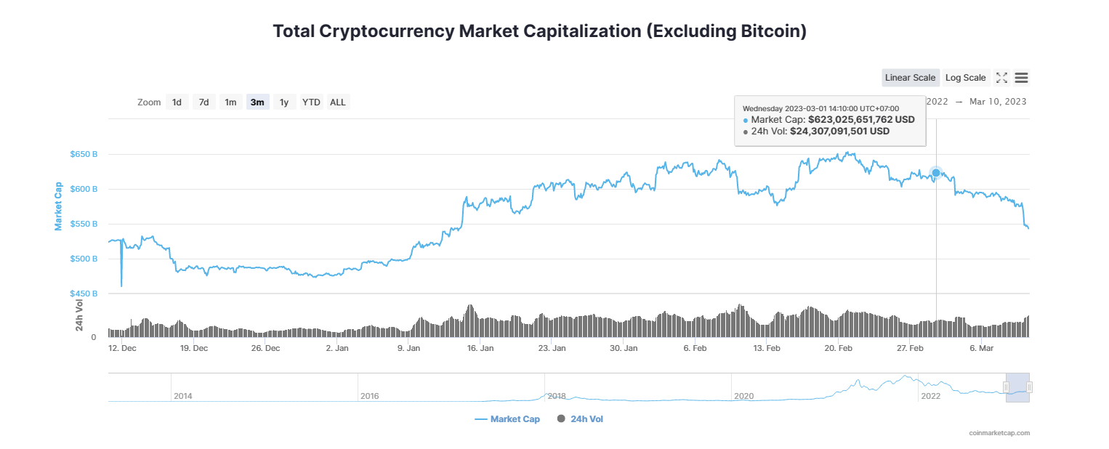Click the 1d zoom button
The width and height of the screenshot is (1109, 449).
177,102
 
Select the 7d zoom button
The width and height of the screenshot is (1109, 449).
204,102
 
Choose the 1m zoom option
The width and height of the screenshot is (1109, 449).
230,102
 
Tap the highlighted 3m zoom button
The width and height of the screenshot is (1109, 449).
257,102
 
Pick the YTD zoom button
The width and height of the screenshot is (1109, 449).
311,102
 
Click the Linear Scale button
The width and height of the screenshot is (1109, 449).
910,78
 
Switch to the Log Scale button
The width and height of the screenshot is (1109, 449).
965,78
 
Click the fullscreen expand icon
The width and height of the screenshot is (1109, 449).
1001,78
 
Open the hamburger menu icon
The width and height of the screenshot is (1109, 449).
1021,78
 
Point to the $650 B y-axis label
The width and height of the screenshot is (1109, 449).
84,155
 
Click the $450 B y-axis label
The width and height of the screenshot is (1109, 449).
84,294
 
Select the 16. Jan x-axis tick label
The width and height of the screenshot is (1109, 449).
480,349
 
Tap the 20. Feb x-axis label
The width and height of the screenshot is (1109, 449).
838,349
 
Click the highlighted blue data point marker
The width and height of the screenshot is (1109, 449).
936,173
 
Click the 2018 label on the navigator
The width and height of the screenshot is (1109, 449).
557,396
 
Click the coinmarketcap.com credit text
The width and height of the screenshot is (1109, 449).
999,433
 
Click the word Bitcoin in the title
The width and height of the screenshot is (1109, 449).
770,32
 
